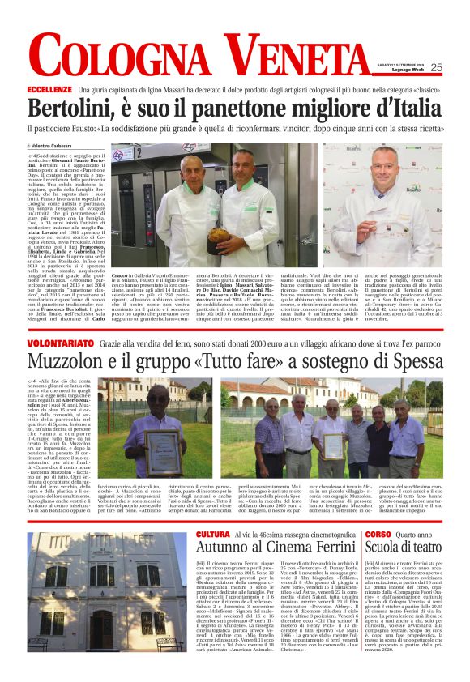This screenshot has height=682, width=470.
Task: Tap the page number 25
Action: pos(436,68)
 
